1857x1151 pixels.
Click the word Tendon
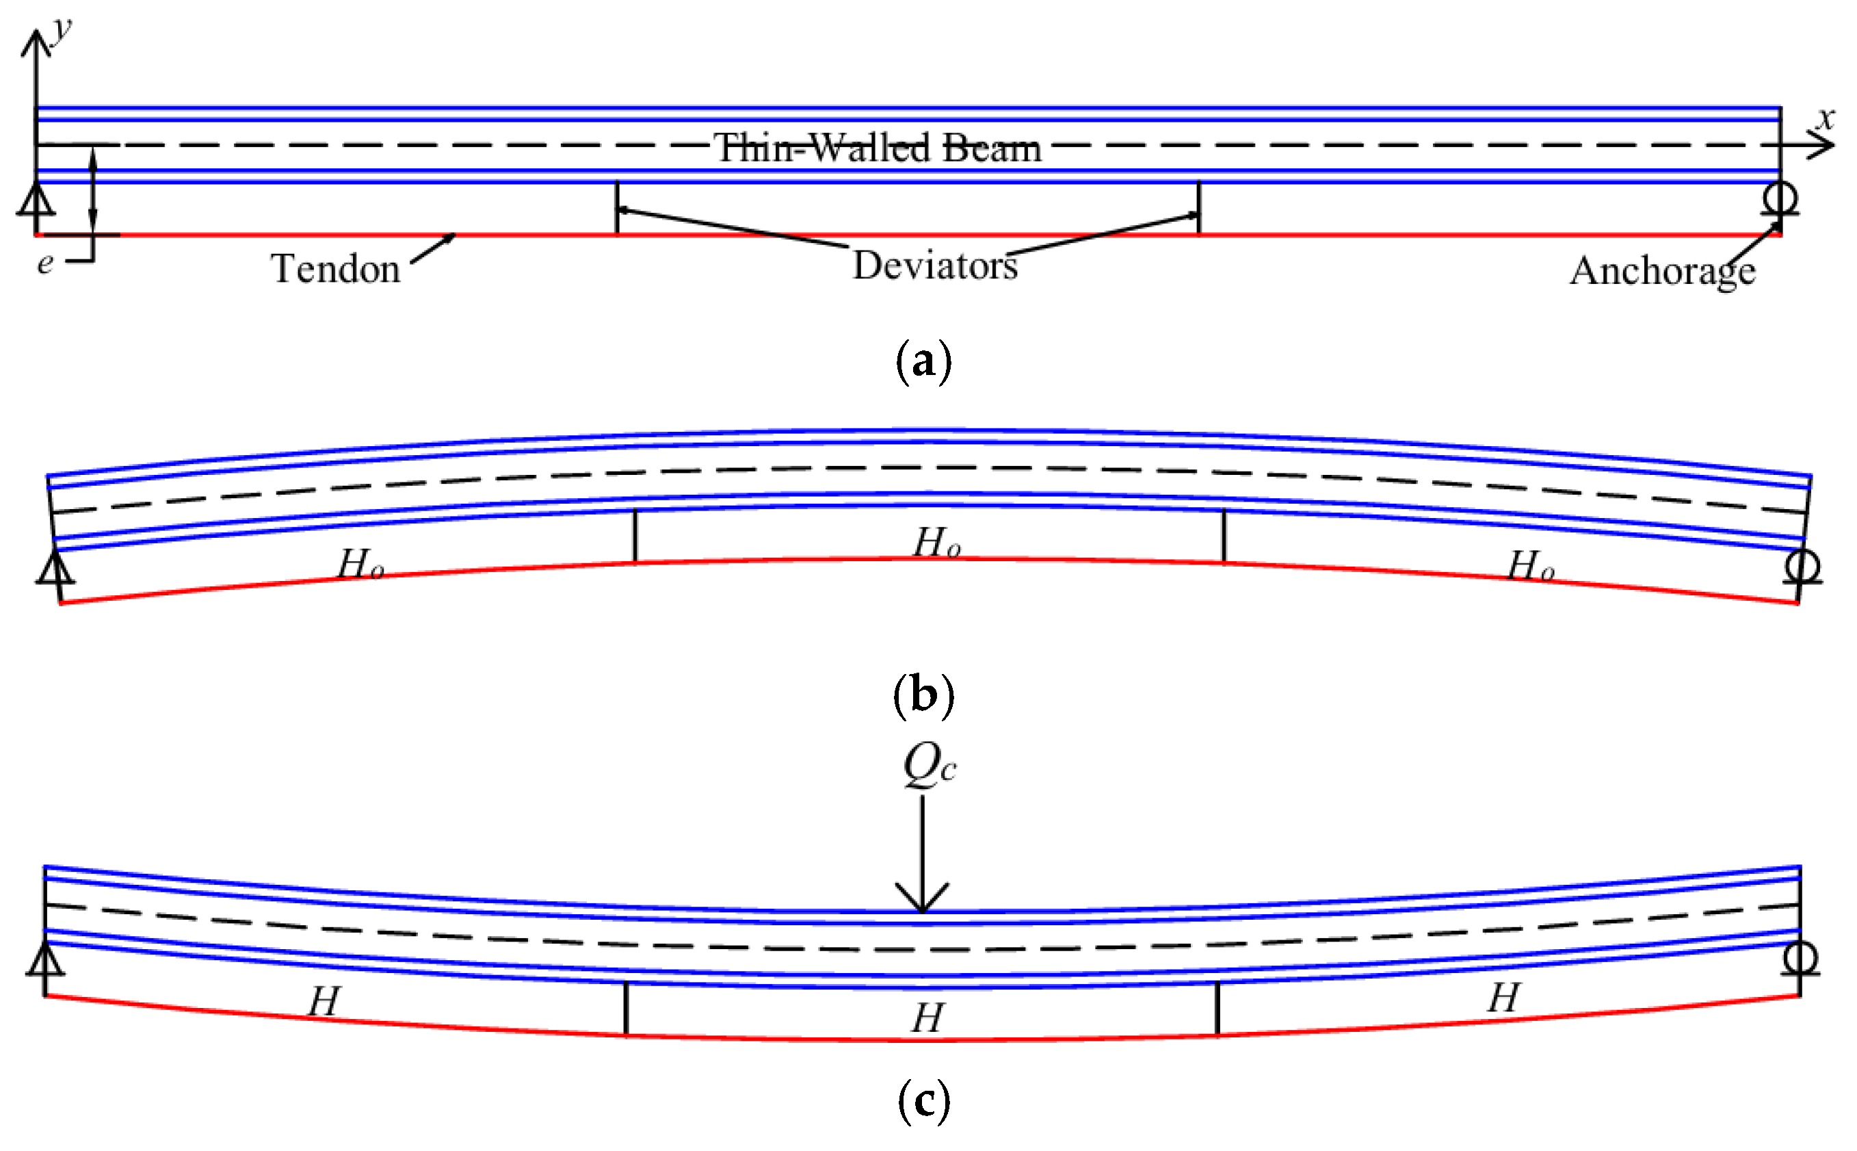point(336,269)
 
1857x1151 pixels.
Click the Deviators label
point(935,266)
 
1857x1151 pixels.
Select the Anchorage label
point(1663,271)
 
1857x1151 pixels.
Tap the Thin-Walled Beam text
point(877,148)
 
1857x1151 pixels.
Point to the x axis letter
point(1825,118)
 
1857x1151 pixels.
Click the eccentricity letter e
point(46,263)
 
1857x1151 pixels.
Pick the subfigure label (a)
point(923,361)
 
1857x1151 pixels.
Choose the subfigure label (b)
point(923,695)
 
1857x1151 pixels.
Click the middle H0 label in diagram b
point(936,543)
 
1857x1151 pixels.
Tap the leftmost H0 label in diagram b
point(360,565)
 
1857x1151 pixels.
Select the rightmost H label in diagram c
point(1504,997)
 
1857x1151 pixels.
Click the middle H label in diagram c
point(928,1018)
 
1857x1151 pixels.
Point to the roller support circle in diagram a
point(1780,198)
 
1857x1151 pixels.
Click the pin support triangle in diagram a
point(36,202)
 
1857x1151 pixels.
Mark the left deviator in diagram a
point(617,208)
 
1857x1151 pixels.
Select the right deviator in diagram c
point(1217,1009)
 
